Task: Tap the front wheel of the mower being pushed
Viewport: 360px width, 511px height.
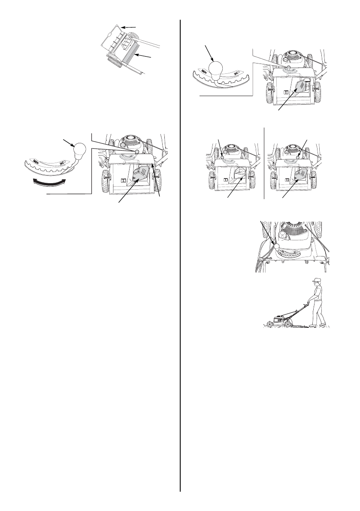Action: click(269, 324)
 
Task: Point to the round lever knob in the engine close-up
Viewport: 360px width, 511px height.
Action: click(277, 247)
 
